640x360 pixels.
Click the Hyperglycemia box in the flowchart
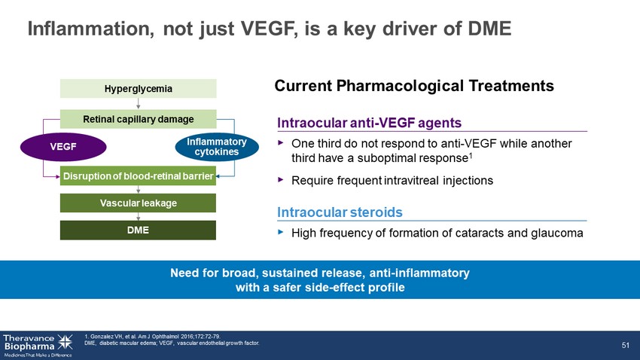coord(139,89)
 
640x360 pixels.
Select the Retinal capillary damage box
coord(139,119)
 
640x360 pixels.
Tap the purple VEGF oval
coord(63,147)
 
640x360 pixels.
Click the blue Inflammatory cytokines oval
coord(217,147)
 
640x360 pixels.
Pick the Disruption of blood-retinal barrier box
coord(138,176)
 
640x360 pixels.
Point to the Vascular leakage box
coord(138,203)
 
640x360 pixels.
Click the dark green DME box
coord(138,230)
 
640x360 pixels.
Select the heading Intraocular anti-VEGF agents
coord(370,123)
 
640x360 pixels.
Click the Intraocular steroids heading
coord(340,212)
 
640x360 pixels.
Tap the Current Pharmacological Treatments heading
coord(414,86)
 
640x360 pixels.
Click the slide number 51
coord(626,345)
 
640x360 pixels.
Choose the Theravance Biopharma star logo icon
coord(65,342)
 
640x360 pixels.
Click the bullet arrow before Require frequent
coord(280,179)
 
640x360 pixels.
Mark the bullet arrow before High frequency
coord(280,232)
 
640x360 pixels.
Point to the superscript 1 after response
coord(471,155)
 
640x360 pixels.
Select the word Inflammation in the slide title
coord(91,29)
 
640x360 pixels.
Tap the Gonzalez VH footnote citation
coord(153,337)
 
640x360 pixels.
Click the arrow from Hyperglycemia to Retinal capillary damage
coord(139,104)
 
